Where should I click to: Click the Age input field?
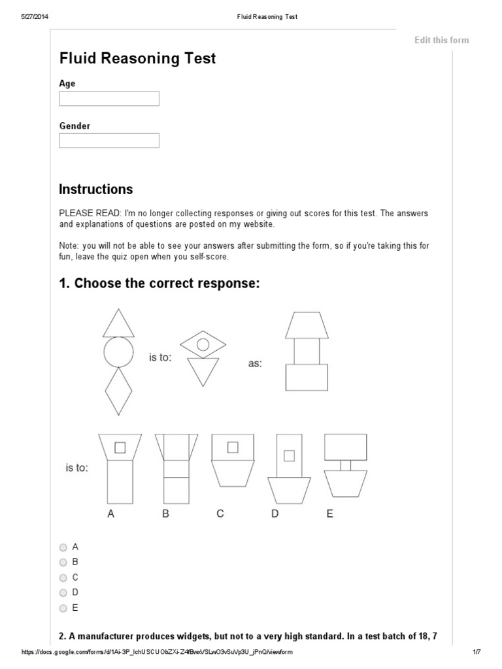coord(109,99)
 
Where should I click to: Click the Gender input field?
coord(109,140)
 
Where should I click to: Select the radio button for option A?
coord(63,547)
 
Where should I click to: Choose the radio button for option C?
coord(63,578)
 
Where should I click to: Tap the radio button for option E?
coord(63,608)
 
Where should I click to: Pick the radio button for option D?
coord(63,593)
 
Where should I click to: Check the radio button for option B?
coord(63,562)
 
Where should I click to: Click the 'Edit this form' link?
coord(441,40)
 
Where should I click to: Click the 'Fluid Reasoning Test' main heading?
coord(137,59)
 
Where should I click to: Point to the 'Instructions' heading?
coord(95,189)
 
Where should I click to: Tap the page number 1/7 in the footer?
coord(476,653)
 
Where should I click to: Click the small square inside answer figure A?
coord(120,447)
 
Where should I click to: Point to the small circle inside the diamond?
coord(203,344)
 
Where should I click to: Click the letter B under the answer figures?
coord(166,514)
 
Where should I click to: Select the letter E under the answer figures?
coord(329,514)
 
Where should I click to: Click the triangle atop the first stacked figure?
coord(118,323)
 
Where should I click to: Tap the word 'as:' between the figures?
coord(254,364)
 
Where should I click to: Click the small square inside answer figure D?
coord(288,455)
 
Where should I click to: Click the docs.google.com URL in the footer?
coord(157,653)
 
